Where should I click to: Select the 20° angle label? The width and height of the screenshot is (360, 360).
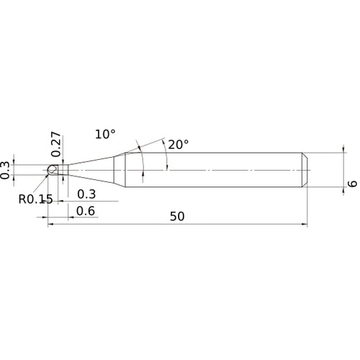point(178,144)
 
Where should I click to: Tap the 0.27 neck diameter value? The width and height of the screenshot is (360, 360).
point(56,144)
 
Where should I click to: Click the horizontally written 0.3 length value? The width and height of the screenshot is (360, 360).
point(86,194)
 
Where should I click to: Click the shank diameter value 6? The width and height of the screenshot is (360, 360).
point(351,184)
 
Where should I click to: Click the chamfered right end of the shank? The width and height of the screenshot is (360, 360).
point(305,170)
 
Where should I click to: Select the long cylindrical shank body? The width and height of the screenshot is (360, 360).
point(216,170)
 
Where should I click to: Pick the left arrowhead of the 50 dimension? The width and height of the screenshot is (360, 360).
point(51,225)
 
